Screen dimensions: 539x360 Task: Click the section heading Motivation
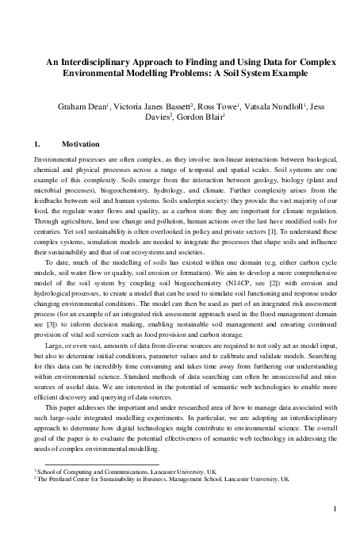click(80, 144)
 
